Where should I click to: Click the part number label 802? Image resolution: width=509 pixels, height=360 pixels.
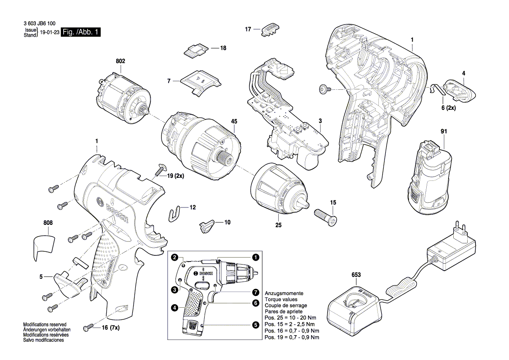click(x=120, y=61)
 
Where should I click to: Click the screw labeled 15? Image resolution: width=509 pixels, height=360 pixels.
click(x=326, y=216)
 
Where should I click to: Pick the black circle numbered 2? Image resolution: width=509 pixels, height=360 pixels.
click(x=175, y=258)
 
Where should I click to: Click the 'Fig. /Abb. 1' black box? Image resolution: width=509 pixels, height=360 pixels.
click(x=81, y=33)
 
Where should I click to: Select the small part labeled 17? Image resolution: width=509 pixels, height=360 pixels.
click(x=269, y=30)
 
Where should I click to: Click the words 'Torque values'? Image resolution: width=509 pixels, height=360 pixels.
click(x=281, y=299)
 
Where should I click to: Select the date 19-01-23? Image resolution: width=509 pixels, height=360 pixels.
click(x=50, y=33)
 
